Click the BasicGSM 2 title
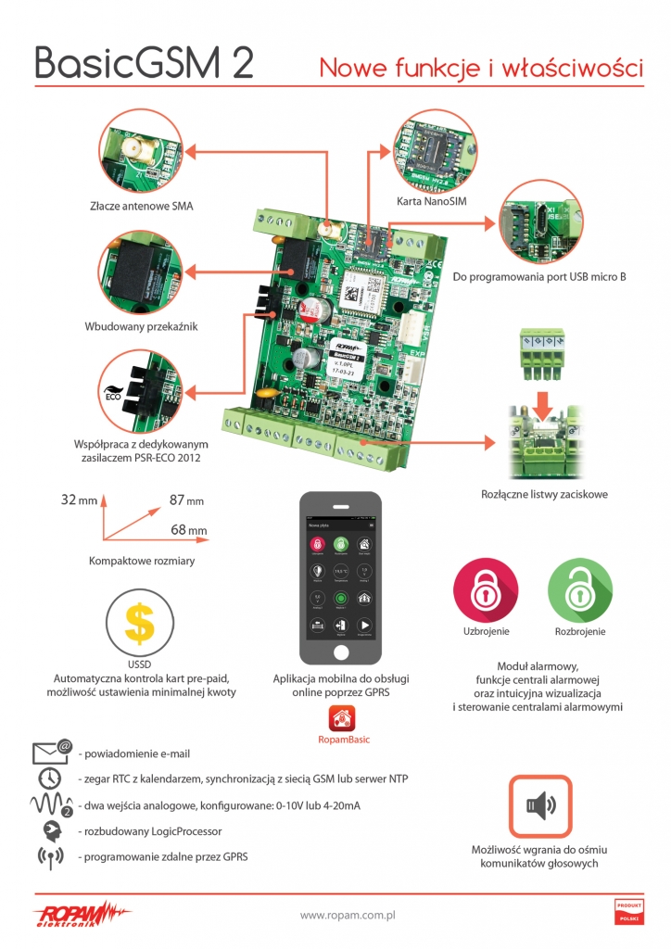click(145, 62)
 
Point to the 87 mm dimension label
click(186, 500)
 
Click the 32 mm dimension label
click(79, 500)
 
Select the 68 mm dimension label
click(189, 530)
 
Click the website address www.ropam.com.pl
click(348, 915)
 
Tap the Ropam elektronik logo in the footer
click(83, 912)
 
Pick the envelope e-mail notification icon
click(52, 752)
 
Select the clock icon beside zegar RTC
click(50, 778)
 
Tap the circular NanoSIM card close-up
click(432, 150)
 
